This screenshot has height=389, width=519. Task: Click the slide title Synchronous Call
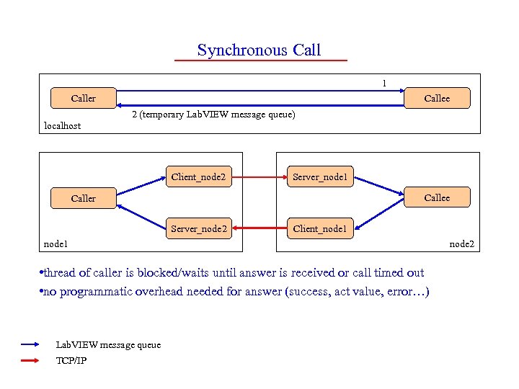pyautogui.click(x=259, y=50)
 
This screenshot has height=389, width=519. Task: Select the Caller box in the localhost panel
pyautogui.click(x=84, y=98)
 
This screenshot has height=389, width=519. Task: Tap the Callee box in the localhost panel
pyautogui.click(x=437, y=98)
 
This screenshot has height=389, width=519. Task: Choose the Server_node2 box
pyautogui.click(x=198, y=229)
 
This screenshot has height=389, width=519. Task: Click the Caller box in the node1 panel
pyautogui.click(x=84, y=198)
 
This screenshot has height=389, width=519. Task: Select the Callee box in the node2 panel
pyautogui.click(x=437, y=197)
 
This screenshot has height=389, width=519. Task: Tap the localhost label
pyautogui.click(x=63, y=126)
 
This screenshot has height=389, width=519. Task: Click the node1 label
pyautogui.click(x=56, y=244)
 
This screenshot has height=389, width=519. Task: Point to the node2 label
pyautogui.click(x=462, y=244)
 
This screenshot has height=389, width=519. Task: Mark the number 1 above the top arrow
pyautogui.click(x=384, y=84)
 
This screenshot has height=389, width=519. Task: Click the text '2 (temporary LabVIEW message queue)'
pyautogui.click(x=213, y=115)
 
